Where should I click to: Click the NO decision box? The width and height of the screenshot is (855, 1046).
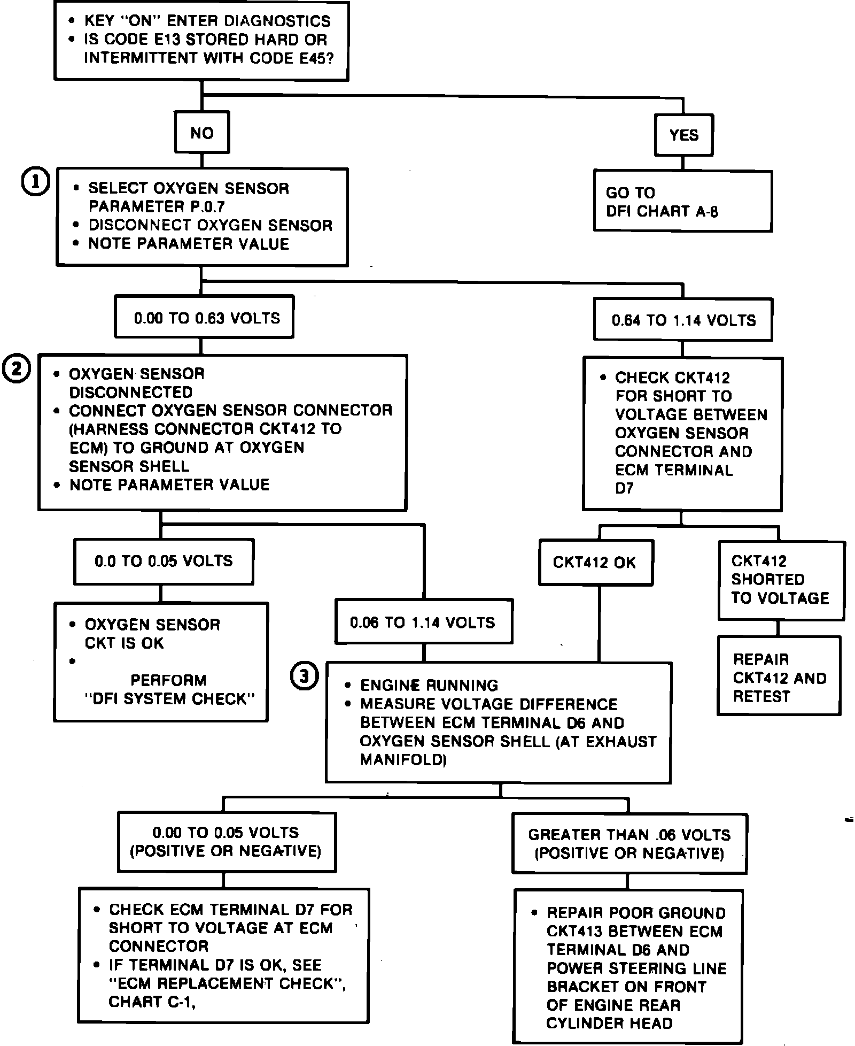point(202,133)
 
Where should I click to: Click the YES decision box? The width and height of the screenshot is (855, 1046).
point(683,135)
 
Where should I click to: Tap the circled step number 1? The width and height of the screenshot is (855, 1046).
point(35,182)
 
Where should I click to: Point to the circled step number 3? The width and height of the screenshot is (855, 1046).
point(304,676)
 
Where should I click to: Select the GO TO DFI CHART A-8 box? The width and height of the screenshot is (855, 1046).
point(682,202)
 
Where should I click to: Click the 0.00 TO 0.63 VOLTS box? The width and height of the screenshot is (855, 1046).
point(204,318)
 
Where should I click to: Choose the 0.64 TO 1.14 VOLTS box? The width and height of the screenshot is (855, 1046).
point(683,320)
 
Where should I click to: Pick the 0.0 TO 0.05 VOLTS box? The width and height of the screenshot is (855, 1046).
point(164,561)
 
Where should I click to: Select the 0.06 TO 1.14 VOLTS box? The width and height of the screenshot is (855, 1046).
point(423,622)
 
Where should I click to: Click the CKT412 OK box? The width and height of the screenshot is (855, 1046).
point(595,563)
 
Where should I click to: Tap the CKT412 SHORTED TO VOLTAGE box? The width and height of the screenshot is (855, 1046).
point(781,580)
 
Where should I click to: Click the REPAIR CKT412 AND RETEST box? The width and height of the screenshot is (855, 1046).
point(779,677)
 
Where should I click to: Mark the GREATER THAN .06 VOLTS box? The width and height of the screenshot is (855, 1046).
point(629,843)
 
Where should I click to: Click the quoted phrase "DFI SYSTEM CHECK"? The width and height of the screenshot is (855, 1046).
point(169,698)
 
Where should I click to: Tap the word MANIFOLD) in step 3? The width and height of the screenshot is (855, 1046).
point(403,759)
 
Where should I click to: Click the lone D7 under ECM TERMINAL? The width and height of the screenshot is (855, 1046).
point(624,488)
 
